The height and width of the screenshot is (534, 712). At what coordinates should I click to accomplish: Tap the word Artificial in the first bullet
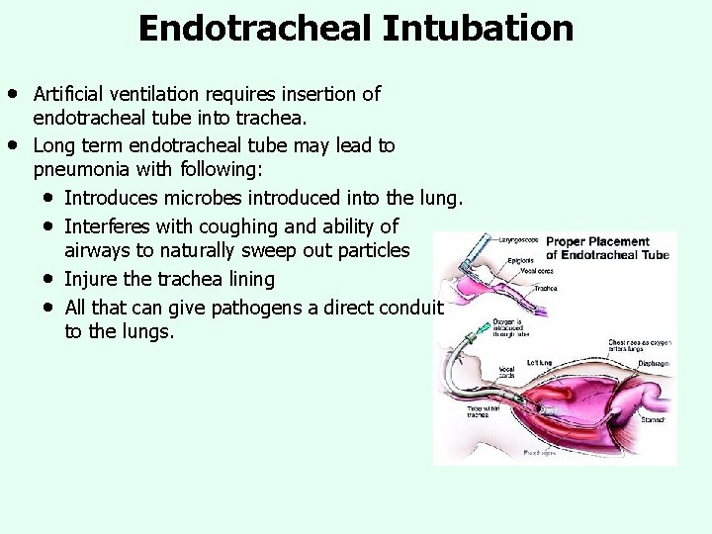pos(70,95)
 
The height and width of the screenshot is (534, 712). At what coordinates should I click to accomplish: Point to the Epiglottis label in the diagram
pos(521,261)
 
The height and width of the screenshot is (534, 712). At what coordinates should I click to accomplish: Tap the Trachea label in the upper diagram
pos(546,289)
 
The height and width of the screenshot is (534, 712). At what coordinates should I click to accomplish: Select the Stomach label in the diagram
pos(654,419)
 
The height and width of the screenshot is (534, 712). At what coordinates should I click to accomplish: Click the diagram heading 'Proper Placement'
pos(597,241)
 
